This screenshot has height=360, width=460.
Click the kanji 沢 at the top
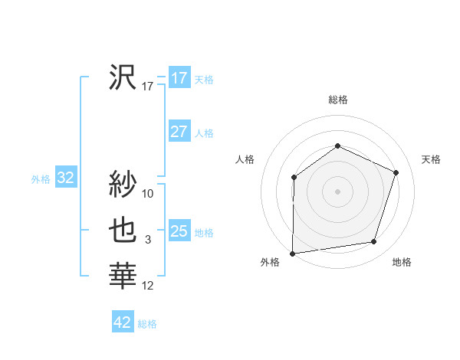coord(123,78)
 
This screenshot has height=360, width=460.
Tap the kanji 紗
coord(123,184)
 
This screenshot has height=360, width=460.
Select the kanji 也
coord(123,231)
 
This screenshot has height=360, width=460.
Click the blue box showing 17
coord(179,78)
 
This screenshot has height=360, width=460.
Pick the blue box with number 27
coord(179,132)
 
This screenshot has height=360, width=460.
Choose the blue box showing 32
coord(66,178)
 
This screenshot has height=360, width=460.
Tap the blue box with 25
coord(179,231)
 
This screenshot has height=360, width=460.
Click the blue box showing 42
coord(123,322)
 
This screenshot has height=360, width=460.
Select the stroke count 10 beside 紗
coord(149,194)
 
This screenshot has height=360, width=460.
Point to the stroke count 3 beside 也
coord(148,241)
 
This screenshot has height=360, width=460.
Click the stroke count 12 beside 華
coord(149,286)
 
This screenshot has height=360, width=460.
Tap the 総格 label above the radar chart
coord(338,100)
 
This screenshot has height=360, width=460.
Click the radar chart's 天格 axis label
coord(431,159)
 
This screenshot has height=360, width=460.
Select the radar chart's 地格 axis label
coord(402,262)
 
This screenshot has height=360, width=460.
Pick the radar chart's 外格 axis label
coord(270,262)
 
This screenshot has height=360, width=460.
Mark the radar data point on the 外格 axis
coord(293,253)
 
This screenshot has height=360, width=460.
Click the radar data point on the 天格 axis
coord(396,172)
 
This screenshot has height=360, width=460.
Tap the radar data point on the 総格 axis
coord(337,146)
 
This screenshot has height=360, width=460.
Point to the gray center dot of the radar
coord(337,191)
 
